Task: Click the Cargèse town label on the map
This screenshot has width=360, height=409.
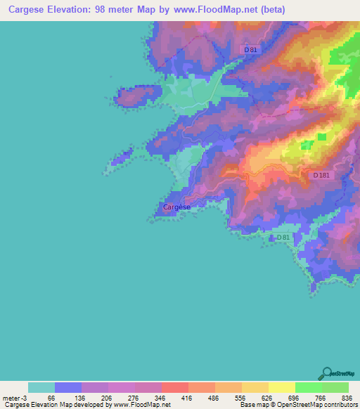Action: pos(176,207)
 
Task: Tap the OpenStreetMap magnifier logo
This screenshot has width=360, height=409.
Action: pos(326,373)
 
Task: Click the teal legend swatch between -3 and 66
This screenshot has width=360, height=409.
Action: pos(41,387)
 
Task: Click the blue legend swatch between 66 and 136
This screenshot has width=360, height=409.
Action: pos(68,387)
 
